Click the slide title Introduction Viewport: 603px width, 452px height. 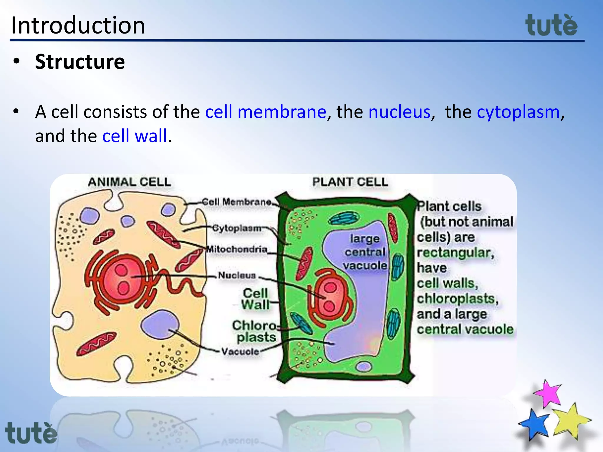(x=78, y=25)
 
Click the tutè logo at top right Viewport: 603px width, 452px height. (x=551, y=26)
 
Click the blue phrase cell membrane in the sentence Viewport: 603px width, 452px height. (x=266, y=112)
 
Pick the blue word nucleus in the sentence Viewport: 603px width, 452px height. (x=399, y=112)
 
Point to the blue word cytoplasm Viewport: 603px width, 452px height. (x=518, y=112)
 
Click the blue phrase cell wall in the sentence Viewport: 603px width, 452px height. (x=135, y=136)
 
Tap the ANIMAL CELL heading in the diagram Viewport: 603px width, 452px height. (x=130, y=182)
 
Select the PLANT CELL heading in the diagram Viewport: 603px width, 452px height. (x=350, y=182)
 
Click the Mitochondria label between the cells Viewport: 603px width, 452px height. (x=237, y=249)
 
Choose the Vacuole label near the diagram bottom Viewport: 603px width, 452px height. (x=240, y=351)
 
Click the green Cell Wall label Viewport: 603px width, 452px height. (x=255, y=299)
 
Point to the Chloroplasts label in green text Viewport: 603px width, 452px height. (x=255, y=331)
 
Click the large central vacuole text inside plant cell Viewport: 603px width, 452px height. (x=365, y=252)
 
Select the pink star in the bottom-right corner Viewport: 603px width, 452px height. (x=548, y=393)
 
